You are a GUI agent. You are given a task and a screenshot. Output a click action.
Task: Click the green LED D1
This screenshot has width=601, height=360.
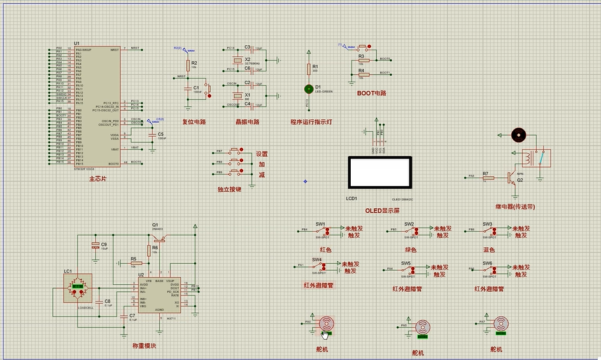click(x=309, y=89)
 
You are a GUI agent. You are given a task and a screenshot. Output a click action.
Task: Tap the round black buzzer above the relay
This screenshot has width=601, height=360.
click(x=519, y=134)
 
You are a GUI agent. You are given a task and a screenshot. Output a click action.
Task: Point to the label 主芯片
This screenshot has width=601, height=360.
click(x=98, y=179)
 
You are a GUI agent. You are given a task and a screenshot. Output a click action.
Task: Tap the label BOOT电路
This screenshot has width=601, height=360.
click(x=372, y=93)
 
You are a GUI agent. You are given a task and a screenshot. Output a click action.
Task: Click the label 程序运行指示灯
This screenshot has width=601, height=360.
click(x=312, y=121)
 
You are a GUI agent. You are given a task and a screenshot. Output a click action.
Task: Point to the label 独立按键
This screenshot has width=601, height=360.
click(x=229, y=189)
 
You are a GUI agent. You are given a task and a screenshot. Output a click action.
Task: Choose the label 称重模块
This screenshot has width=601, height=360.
click(x=144, y=345)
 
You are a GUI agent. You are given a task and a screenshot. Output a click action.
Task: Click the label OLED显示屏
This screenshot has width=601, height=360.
click(x=383, y=210)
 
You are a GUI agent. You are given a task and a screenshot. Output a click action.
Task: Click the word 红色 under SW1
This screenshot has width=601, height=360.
click(x=325, y=249)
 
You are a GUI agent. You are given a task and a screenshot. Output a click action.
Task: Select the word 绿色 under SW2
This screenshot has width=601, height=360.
click(x=411, y=249)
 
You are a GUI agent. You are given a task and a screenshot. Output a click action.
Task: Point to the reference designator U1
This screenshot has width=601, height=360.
click(x=77, y=43)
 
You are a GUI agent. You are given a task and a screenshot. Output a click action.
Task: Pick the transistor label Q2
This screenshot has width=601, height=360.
click(x=520, y=180)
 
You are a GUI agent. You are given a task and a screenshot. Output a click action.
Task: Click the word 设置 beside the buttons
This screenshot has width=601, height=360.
click(x=262, y=154)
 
